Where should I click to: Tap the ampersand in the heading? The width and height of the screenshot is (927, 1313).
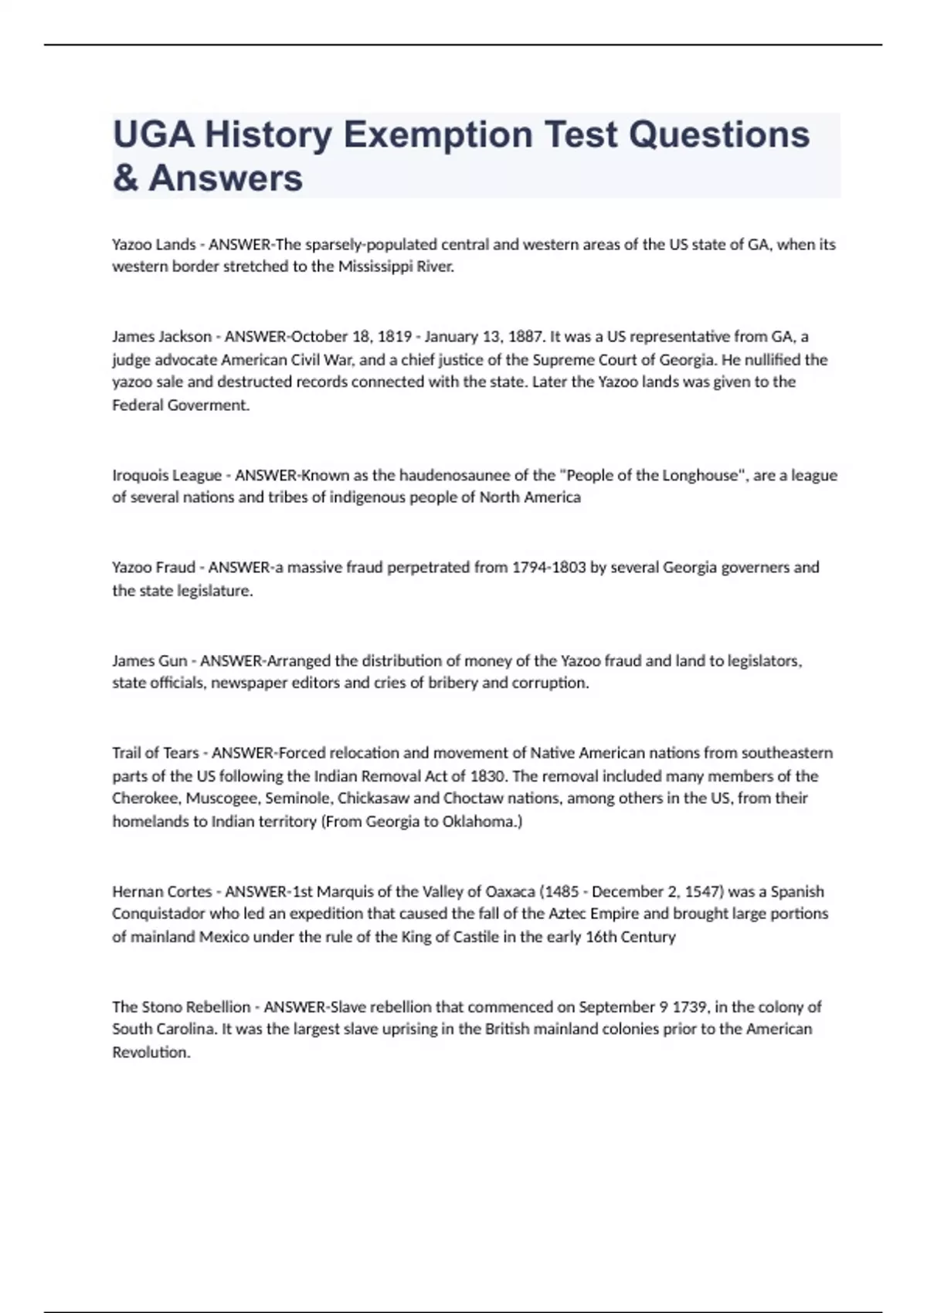click(x=125, y=179)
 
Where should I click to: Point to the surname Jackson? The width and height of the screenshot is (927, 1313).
click(x=185, y=337)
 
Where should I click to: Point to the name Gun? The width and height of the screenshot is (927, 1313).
click(x=172, y=661)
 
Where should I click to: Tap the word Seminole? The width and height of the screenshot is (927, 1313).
click(x=298, y=799)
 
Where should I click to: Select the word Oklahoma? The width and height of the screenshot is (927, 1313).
click(x=481, y=822)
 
